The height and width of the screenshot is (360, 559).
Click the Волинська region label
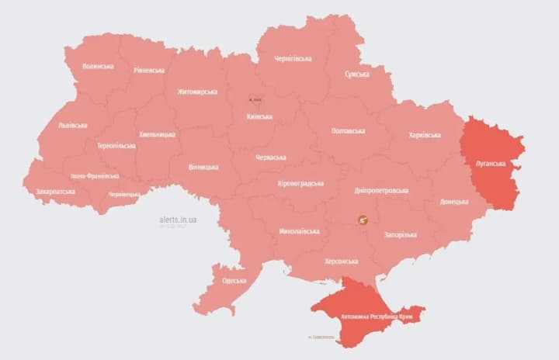click(x=98, y=66)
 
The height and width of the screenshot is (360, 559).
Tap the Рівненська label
click(x=148, y=70)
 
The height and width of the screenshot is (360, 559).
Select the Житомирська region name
click(x=197, y=92)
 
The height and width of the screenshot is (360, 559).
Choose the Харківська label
click(x=425, y=135)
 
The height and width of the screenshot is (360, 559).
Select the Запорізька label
click(x=401, y=234)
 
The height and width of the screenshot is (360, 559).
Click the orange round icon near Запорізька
click(x=363, y=220)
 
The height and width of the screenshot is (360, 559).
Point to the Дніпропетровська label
click(x=381, y=190)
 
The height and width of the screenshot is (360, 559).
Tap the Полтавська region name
click(x=348, y=130)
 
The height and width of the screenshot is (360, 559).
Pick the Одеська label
click(x=234, y=280)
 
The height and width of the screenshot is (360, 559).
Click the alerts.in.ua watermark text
click(x=178, y=220)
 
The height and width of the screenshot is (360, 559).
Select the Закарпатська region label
click(x=55, y=191)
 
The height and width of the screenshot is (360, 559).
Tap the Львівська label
click(x=72, y=125)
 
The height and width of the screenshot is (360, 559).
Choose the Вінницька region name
click(x=203, y=167)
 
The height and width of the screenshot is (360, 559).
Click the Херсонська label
click(x=341, y=261)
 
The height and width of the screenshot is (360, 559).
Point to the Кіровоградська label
click(x=300, y=184)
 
